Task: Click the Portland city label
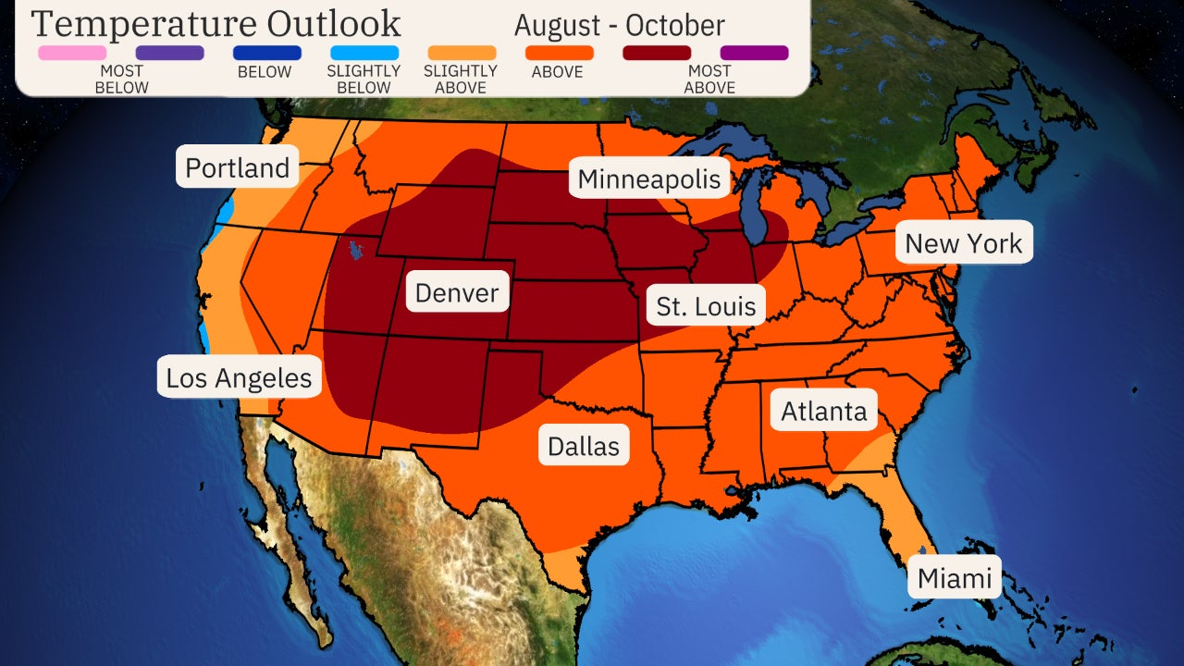tap(238, 167)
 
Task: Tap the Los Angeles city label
tap(239, 377)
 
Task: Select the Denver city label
tap(457, 293)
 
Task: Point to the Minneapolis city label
tap(649, 179)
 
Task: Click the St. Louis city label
tap(706, 305)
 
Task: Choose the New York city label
tap(963, 243)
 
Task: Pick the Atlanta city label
tap(824, 411)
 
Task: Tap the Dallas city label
tap(584, 446)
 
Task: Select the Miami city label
tap(955, 580)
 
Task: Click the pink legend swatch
tap(72, 53)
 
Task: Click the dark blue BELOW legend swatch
tap(267, 53)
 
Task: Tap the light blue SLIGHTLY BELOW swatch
tap(364, 53)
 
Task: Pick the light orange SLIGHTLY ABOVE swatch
tap(462, 53)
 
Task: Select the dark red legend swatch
tap(657, 53)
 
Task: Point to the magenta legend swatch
tap(754, 53)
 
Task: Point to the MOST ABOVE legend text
tap(710, 80)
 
